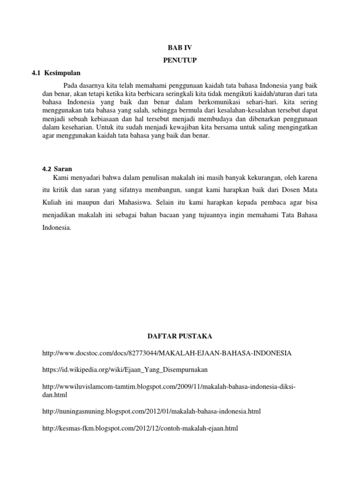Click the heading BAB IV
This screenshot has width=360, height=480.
click(180, 48)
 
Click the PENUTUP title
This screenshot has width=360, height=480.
click(180, 60)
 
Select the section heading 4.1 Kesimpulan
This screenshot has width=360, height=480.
click(56, 73)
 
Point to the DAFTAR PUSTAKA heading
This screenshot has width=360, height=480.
click(180, 336)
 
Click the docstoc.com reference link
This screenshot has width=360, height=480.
click(167, 352)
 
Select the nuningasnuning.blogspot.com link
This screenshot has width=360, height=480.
click(151, 411)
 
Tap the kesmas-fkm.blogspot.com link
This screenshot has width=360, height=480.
click(140, 428)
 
